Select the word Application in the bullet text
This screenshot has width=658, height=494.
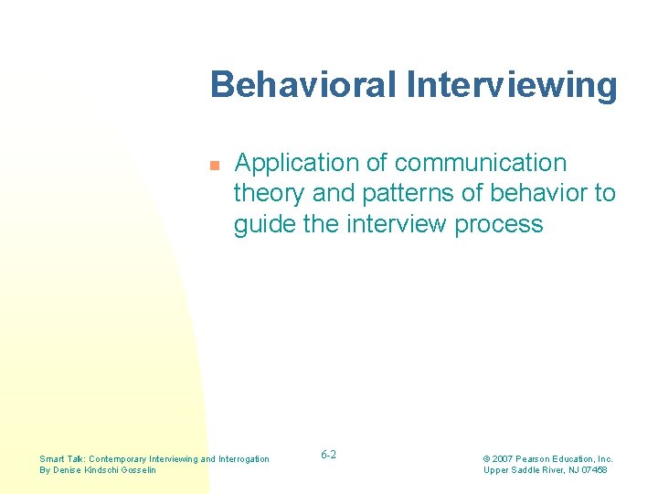point(297,163)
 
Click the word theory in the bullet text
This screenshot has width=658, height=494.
point(271,194)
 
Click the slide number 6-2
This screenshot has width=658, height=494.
point(329,455)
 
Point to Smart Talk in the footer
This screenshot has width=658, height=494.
point(63,458)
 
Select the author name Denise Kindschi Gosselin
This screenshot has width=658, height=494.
point(107,470)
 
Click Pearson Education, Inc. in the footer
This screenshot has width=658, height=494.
point(567,458)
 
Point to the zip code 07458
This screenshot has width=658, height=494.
point(592,470)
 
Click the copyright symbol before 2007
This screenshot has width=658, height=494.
point(488,458)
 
